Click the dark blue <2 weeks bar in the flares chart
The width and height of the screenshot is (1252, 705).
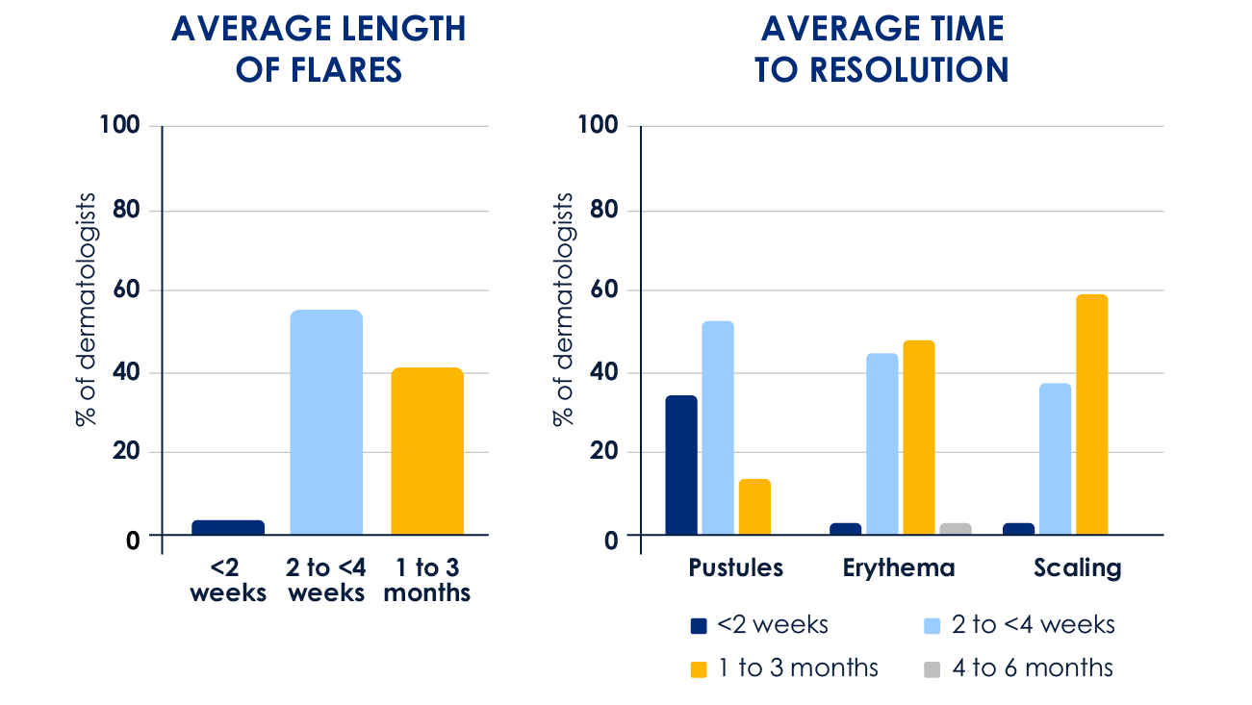pos(228,527)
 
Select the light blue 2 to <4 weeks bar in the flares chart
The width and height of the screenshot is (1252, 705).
pos(326,422)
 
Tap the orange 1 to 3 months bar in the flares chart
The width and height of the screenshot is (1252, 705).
pos(427,451)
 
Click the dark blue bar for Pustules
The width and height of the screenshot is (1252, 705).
pos(681,465)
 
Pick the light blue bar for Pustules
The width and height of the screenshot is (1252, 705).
pos(718,428)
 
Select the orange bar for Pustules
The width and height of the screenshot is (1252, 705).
pos(754,507)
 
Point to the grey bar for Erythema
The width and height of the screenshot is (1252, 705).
pos(956,529)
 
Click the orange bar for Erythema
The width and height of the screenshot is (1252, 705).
pos(919,438)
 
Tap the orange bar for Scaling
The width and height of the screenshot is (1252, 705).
pos(1092,415)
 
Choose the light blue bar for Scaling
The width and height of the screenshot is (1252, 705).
pos(1056,459)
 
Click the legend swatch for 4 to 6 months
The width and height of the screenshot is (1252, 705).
pos(932,668)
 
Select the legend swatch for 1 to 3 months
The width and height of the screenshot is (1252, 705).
pos(700,668)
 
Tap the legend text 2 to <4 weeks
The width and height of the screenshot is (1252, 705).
pos(1034,625)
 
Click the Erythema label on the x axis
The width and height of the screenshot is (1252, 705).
pos(899,567)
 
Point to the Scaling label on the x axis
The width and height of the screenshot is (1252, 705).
pos(1078,567)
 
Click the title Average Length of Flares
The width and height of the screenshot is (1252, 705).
pos(319,48)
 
